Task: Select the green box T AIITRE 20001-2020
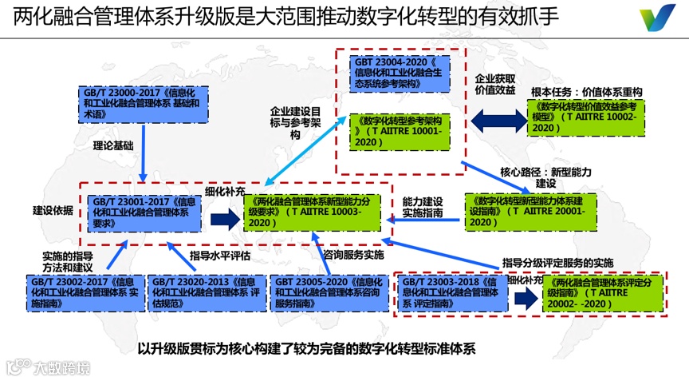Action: pos(531,211)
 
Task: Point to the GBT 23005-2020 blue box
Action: pos(329,293)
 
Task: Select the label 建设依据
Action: pos(53,210)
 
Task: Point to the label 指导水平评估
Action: pos(220,256)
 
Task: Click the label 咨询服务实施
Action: pos(353,255)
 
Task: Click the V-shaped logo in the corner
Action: pos(658,18)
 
